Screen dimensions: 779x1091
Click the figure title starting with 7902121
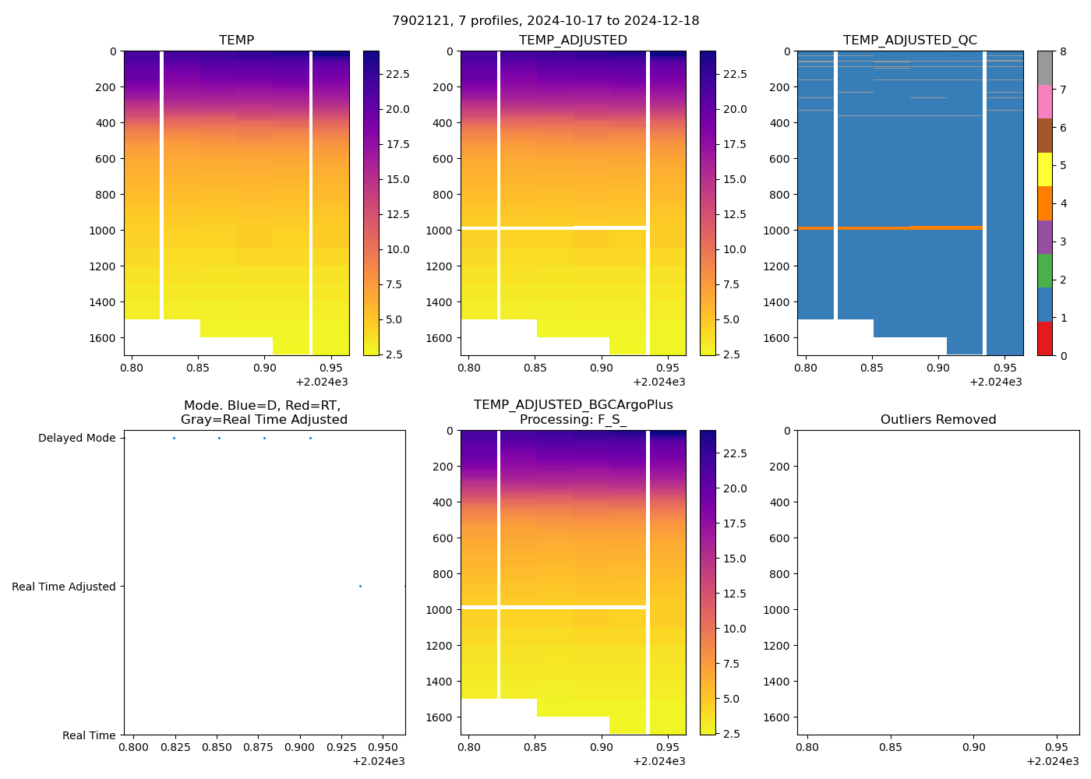tap(545, 21)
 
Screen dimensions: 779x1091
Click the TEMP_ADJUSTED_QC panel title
tap(909, 41)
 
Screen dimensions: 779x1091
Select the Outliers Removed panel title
tap(937, 420)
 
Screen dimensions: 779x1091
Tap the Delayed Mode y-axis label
tap(76, 439)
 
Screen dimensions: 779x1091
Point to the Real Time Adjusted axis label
tap(64, 587)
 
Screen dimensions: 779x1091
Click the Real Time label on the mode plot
tap(89, 736)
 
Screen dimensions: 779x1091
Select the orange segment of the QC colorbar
tap(1044, 203)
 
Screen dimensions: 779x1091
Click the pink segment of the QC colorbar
tap(1044, 102)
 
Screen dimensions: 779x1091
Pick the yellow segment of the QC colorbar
tap(1044, 170)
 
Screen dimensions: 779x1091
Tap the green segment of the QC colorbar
tap(1044, 271)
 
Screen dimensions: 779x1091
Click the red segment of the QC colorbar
tap(1044, 339)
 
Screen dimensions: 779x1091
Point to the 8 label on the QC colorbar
tap(1063, 52)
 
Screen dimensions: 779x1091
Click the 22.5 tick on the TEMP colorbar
tap(397, 74)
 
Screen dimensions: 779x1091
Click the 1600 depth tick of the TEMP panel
tap(103, 338)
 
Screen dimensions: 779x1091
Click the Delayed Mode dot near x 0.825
tap(174, 439)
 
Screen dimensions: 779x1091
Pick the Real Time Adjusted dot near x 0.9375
tap(360, 587)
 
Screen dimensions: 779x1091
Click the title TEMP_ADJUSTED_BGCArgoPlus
tap(573, 405)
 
